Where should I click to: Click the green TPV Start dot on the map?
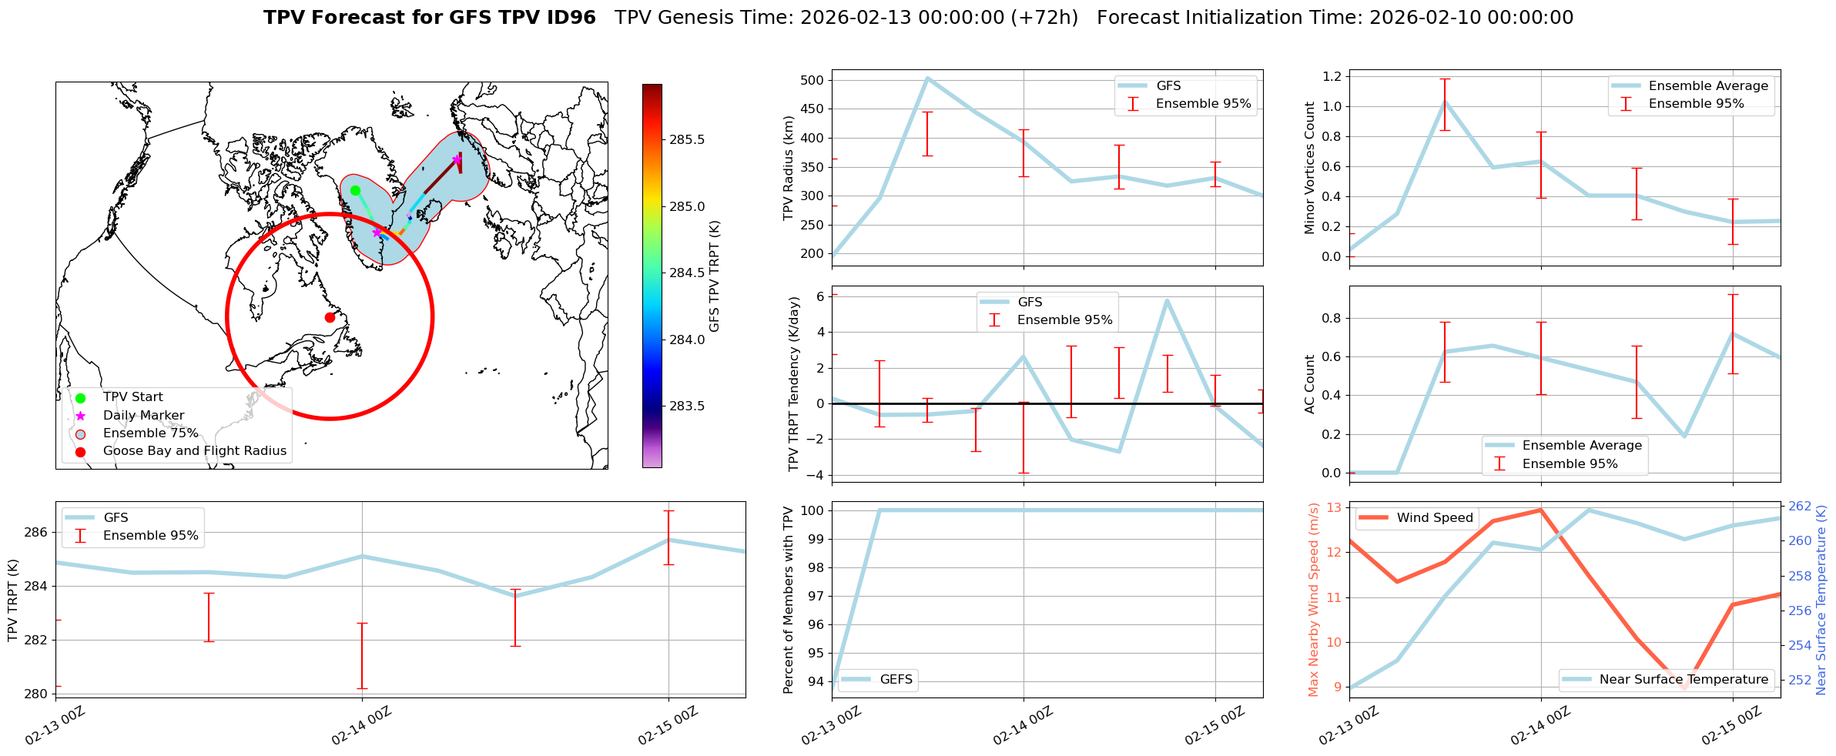click(x=355, y=190)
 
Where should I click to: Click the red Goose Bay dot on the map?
click(x=330, y=317)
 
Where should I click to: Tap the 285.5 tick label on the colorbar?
click(x=687, y=140)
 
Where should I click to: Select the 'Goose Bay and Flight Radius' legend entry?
click(x=194, y=451)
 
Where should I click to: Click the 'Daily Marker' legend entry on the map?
click(x=143, y=416)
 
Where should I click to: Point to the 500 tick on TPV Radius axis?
click(x=812, y=80)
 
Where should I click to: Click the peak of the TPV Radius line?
click(x=928, y=78)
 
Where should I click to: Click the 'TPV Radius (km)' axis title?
click(x=788, y=168)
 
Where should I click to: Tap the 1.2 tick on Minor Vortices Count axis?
click(x=1332, y=76)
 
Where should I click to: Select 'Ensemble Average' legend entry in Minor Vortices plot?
click(x=1708, y=86)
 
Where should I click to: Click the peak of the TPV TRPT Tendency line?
click(x=1168, y=300)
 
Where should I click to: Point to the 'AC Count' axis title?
click(x=1310, y=384)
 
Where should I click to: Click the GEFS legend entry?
click(x=896, y=680)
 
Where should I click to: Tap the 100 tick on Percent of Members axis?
click(x=813, y=510)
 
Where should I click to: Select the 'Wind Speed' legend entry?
click(x=1434, y=518)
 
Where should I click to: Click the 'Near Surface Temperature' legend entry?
click(x=1684, y=680)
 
